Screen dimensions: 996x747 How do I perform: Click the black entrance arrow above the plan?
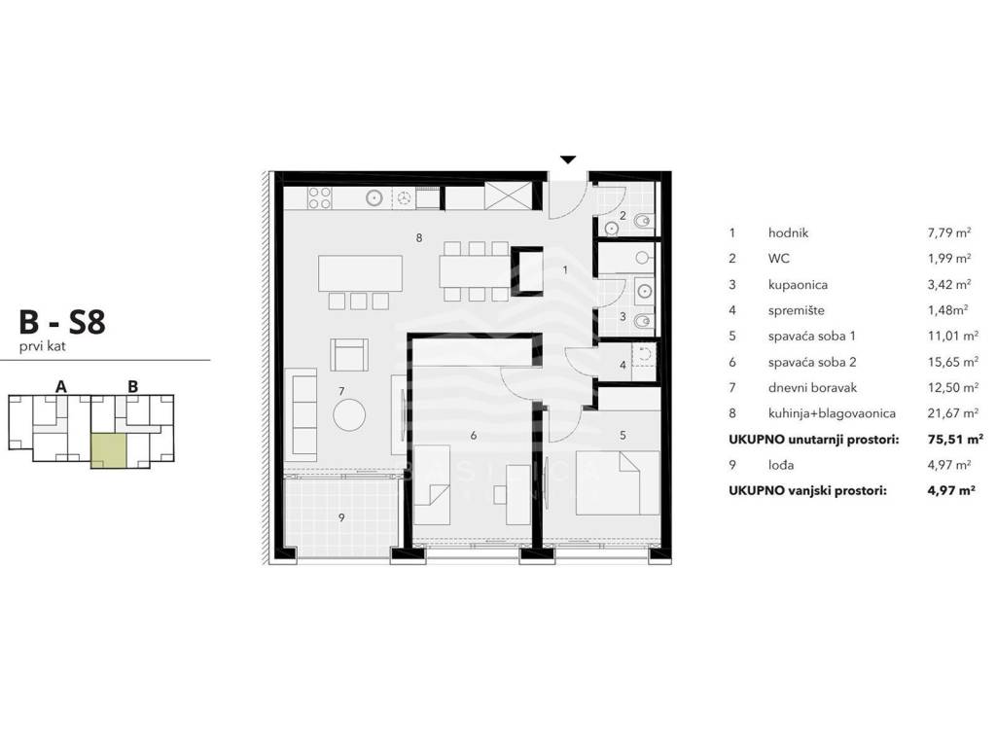pos(568,160)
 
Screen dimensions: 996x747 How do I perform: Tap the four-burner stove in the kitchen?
pos(319,197)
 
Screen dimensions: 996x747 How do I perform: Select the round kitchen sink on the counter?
pos(374,197)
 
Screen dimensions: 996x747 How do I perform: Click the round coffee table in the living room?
pos(349,414)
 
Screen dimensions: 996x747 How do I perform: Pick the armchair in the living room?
pos(349,354)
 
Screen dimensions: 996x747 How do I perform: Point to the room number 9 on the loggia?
pos(341,517)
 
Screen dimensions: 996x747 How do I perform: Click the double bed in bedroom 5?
pos(618,482)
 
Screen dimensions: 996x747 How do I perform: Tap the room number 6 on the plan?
pos(474,436)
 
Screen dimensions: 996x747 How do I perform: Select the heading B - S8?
pos(62,322)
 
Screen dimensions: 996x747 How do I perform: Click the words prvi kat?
pos(43,347)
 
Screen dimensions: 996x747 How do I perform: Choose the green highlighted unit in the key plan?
pos(109,451)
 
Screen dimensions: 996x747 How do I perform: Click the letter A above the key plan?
pos(61,386)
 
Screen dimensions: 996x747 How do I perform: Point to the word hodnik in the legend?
pos(788,233)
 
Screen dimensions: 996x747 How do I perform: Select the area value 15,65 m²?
pos(953,362)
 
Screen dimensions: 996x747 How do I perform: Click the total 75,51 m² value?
pos(955,439)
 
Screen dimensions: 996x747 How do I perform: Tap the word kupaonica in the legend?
pos(798,285)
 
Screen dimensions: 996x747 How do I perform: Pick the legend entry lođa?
pos(781,465)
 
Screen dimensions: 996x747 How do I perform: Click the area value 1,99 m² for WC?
pos(949,259)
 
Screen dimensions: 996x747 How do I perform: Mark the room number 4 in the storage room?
pos(622,366)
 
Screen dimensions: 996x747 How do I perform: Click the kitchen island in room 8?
pos(360,273)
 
